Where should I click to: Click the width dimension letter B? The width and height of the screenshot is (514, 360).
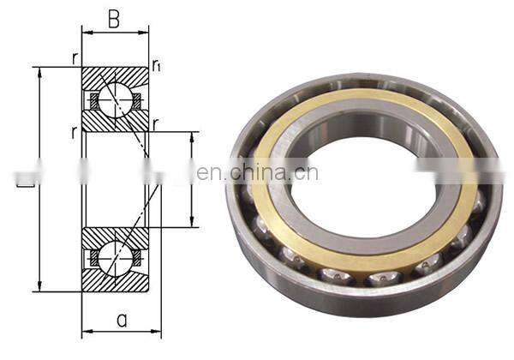[114, 19]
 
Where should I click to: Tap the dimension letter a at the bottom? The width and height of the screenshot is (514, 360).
[122, 320]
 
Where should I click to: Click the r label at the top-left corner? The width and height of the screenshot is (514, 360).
[75, 58]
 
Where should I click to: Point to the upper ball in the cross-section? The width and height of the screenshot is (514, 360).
[114, 100]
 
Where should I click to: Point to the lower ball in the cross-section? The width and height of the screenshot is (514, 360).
[114, 257]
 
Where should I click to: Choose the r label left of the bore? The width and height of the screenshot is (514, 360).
[75, 132]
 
